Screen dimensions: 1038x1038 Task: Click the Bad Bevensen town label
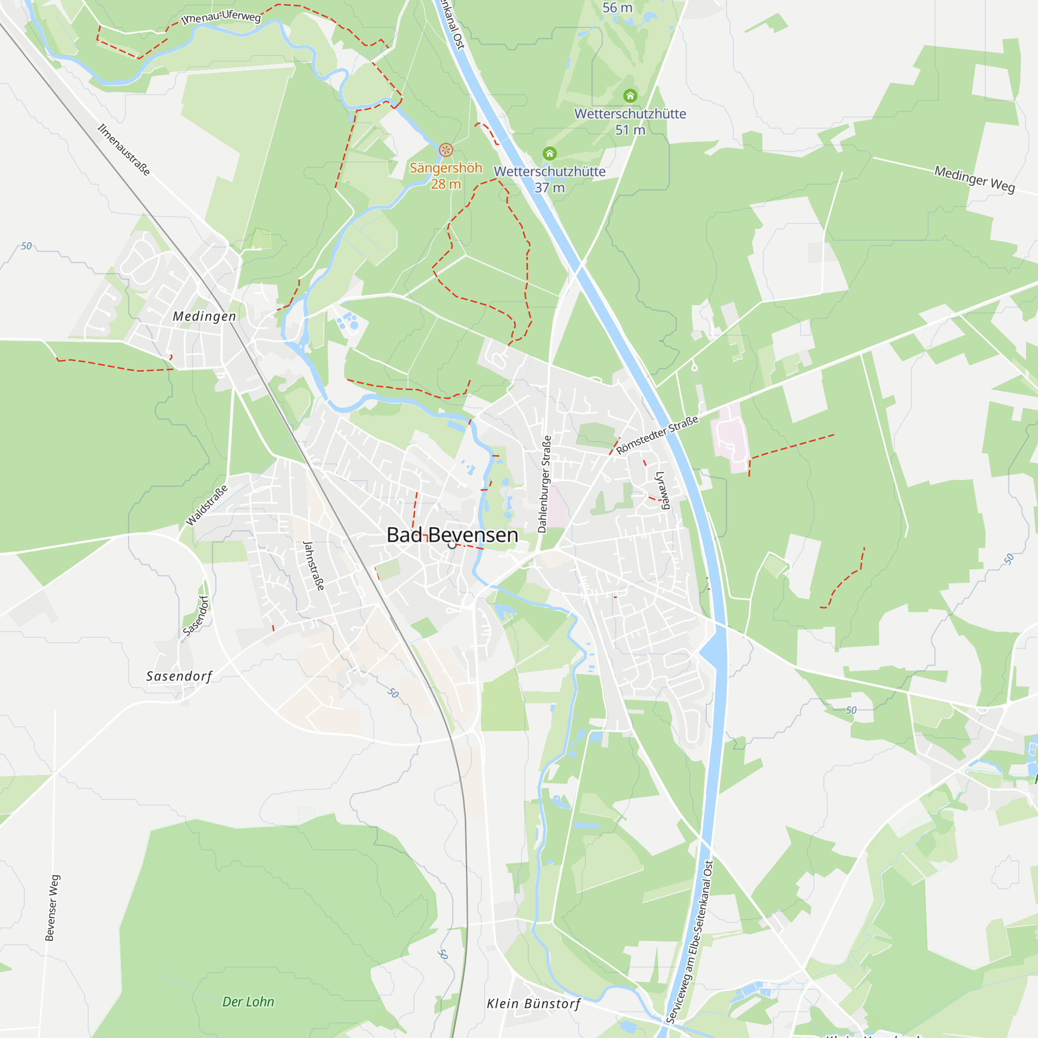point(453,535)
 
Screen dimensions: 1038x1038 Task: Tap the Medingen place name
point(204,317)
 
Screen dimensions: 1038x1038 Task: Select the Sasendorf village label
point(180,676)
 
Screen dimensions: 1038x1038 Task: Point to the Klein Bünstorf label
point(534,1004)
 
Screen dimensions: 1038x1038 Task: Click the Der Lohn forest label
point(248,1002)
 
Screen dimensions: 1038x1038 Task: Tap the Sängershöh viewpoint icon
point(445,149)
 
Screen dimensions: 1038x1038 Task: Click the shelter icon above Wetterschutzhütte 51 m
point(630,95)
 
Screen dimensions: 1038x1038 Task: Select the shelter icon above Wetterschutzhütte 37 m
point(549,154)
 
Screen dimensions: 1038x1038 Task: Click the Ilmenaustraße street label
point(124,150)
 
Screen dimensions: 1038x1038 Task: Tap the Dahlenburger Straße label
point(544,484)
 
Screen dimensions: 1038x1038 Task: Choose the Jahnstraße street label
point(314,566)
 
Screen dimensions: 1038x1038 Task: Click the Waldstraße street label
point(207,505)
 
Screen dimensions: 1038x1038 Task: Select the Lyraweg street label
point(662,490)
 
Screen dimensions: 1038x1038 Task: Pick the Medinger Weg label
point(975,179)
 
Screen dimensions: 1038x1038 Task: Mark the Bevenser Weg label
point(52,907)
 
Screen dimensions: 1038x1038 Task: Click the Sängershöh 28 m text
point(445,176)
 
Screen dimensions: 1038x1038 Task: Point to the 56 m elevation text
point(617,7)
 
